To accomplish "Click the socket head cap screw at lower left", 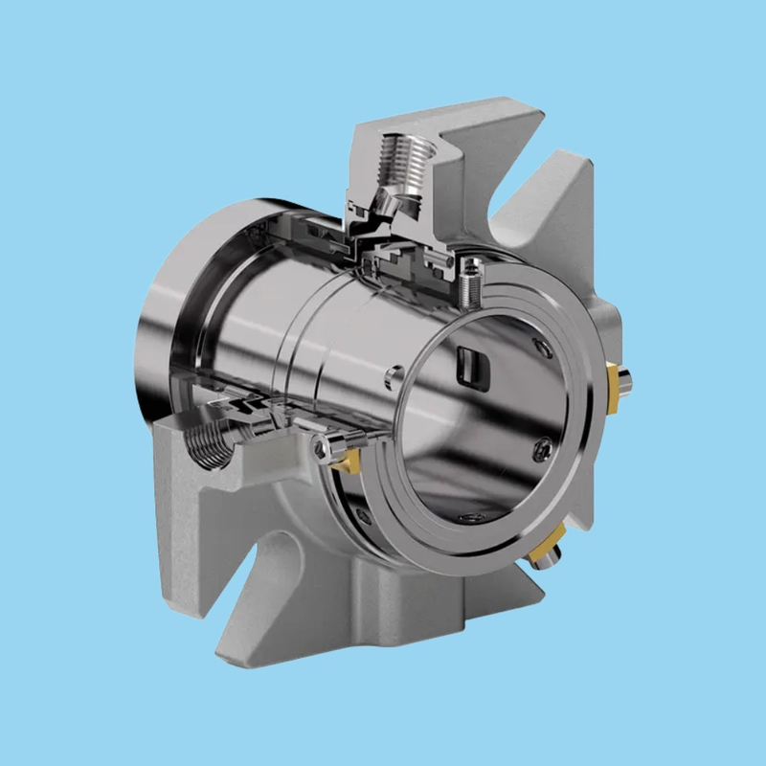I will coord(326,442).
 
